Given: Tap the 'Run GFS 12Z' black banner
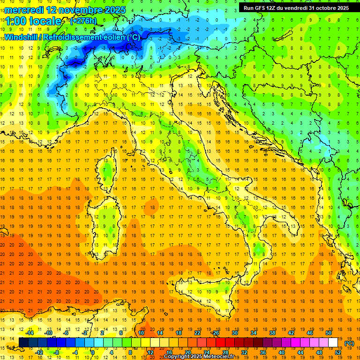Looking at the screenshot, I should [262, 8].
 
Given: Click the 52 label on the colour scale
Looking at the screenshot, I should [338, 352].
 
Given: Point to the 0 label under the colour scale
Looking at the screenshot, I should [92, 352].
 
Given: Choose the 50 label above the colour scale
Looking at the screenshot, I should [329, 333].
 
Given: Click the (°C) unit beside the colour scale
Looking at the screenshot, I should [349, 343].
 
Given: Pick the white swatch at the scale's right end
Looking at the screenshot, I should [333, 343].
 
